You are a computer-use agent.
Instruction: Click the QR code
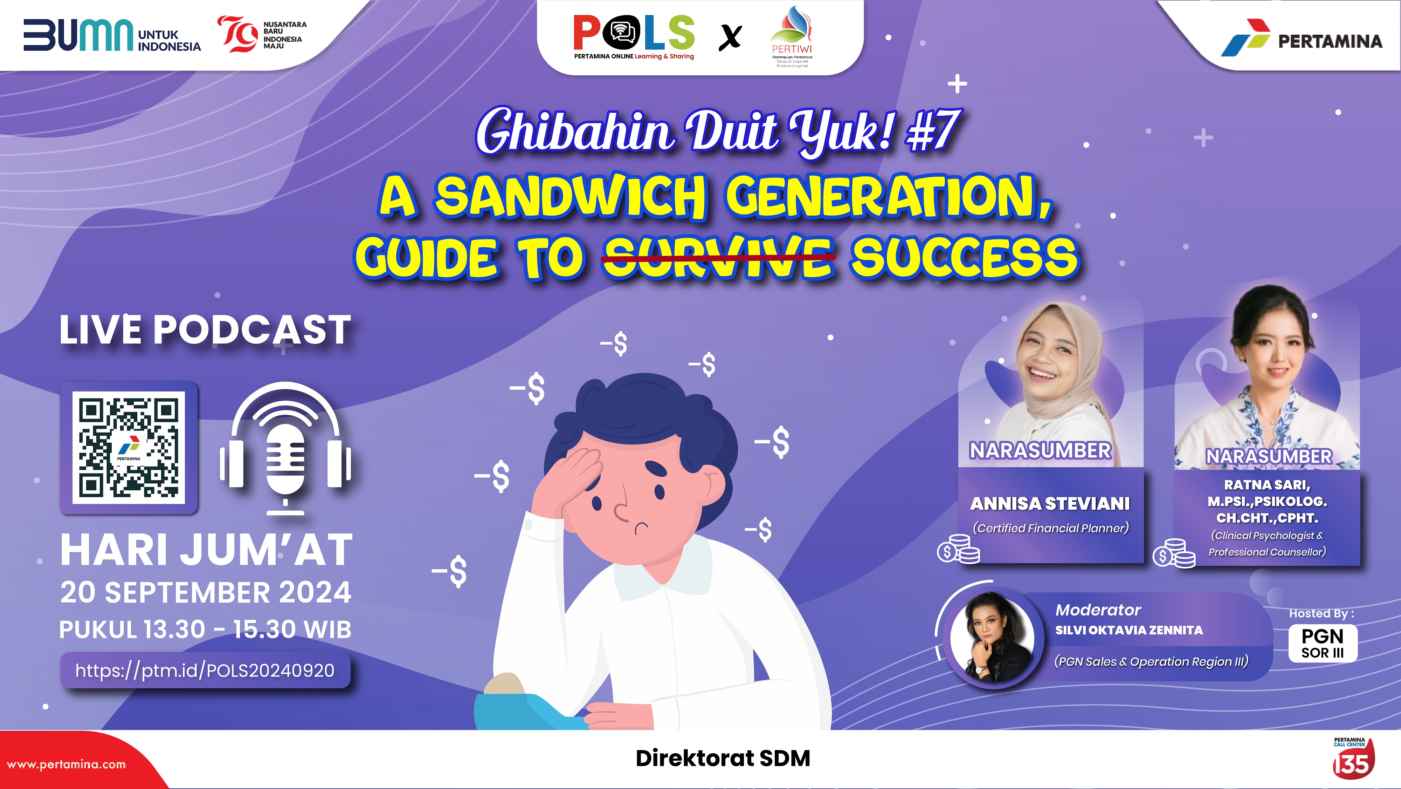[x=129, y=447]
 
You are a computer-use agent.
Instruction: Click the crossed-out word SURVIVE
[x=718, y=257]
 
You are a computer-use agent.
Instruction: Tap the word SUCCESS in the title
[x=964, y=257]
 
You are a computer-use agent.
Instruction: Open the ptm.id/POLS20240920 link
[x=205, y=671]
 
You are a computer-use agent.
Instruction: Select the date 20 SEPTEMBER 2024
[x=206, y=592]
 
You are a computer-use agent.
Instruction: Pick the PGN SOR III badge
[x=1323, y=643]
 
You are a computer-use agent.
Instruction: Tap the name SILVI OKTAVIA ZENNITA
[x=1129, y=630]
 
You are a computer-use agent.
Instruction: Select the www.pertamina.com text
[x=66, y=764]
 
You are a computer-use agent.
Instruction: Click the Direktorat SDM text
[x=723, y=759]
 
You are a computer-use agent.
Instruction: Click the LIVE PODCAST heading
[x=205, y=330]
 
